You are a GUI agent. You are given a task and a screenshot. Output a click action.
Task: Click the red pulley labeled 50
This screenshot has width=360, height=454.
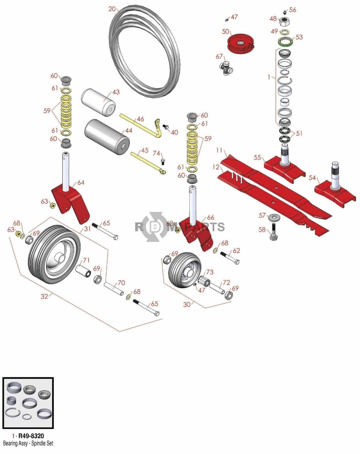(x=241, y=44)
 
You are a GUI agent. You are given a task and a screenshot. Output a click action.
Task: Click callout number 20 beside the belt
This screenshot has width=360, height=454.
(x=112, y=9)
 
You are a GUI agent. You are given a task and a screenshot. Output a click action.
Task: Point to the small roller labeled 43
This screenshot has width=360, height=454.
(x=98, y=102)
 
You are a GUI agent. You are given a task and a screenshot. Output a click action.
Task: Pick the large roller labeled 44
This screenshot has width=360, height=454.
(x=107, y=137)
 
